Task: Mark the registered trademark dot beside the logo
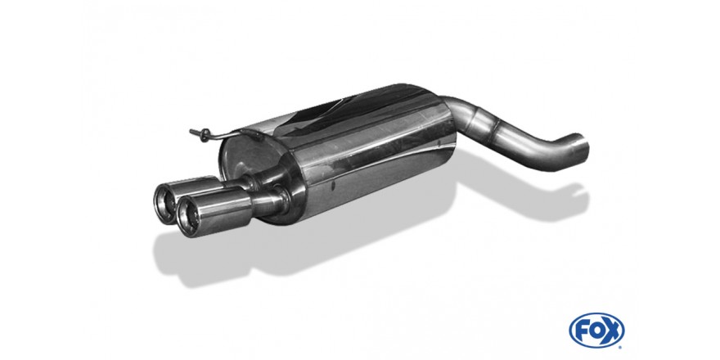621,345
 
